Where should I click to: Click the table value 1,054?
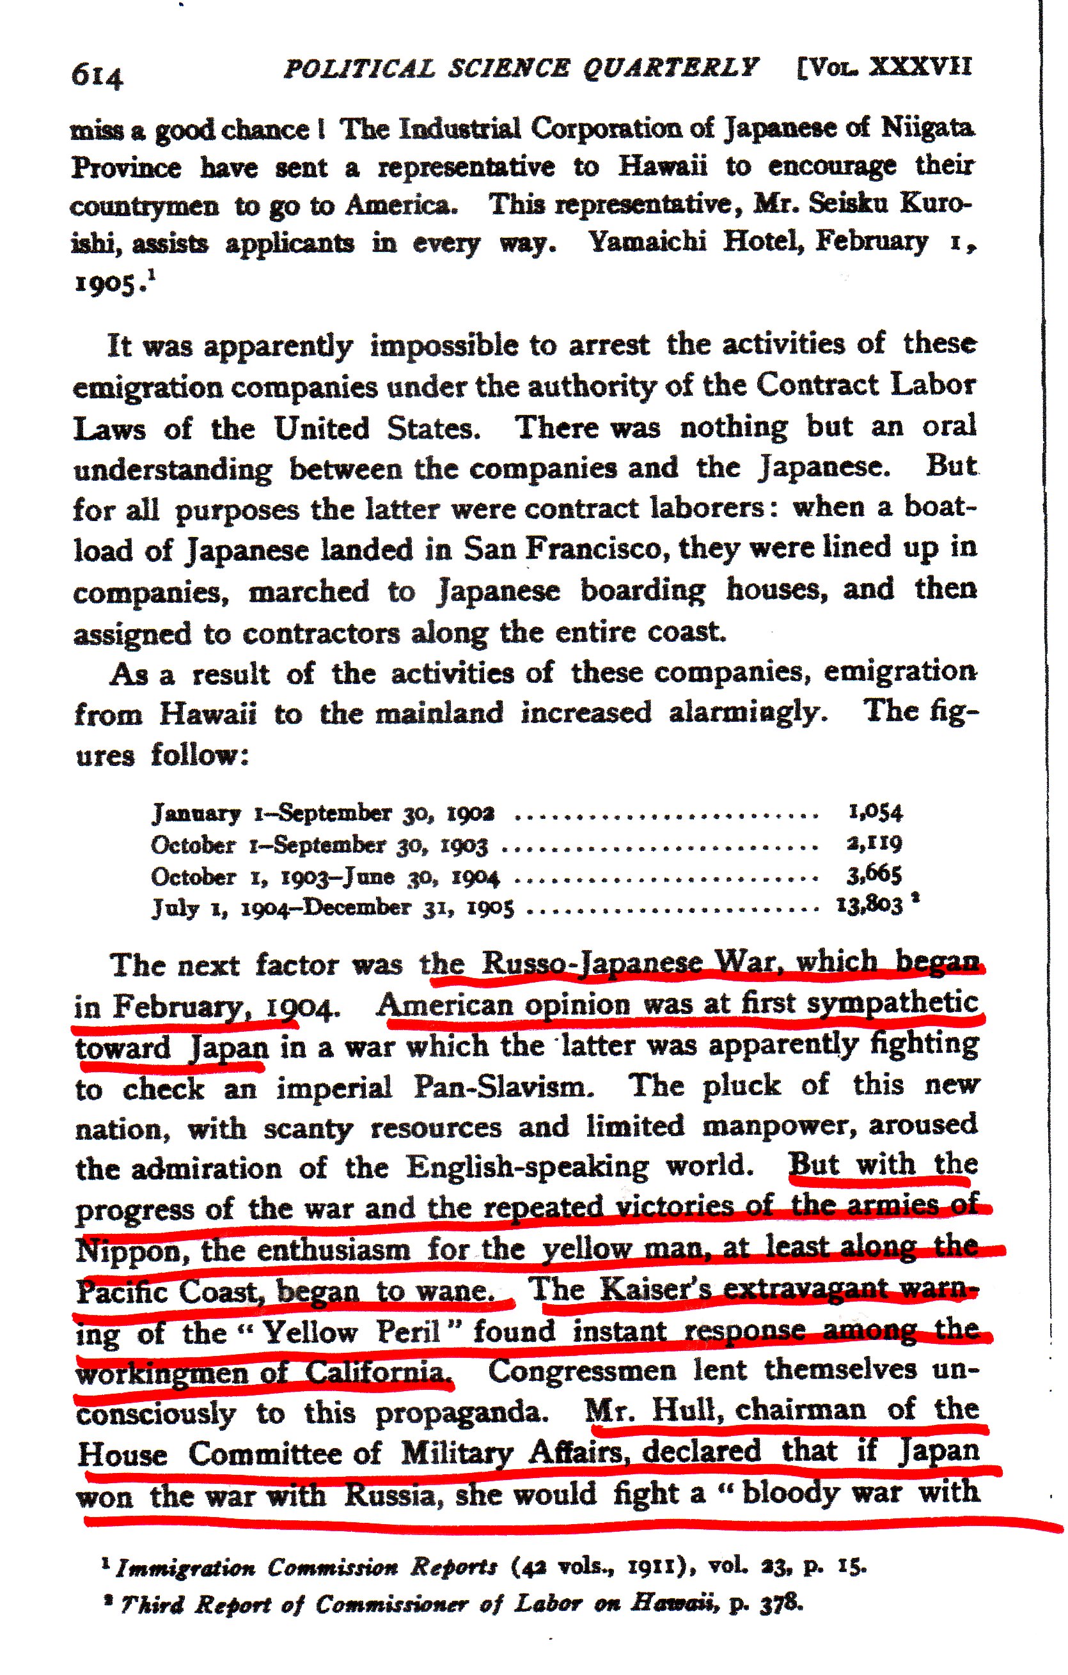pyautogui.click(x=875, y=811)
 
